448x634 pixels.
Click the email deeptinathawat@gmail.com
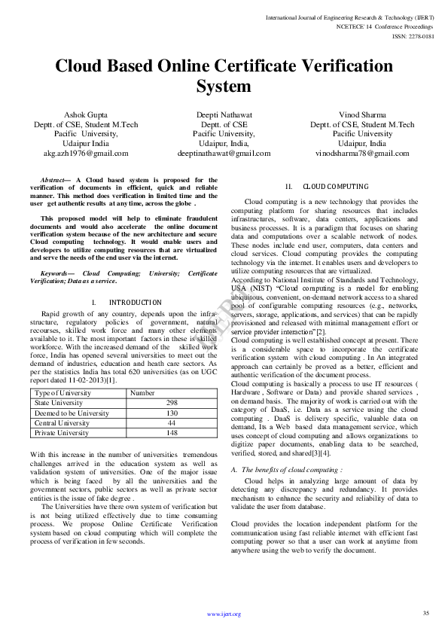click(x=223, y=153)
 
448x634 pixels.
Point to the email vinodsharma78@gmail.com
click(x=362, y=153)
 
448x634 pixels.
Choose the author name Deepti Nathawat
click(x=224, y=115)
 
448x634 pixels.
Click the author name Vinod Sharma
click(x=362, y=115)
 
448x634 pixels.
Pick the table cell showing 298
click(x=172, y=403)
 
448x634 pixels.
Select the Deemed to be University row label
click(x=72, y=413)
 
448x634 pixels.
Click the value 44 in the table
click(x=172, y=423)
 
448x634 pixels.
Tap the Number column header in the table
click(x=142, y=393)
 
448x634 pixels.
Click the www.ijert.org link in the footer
click(x=224, y=614)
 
